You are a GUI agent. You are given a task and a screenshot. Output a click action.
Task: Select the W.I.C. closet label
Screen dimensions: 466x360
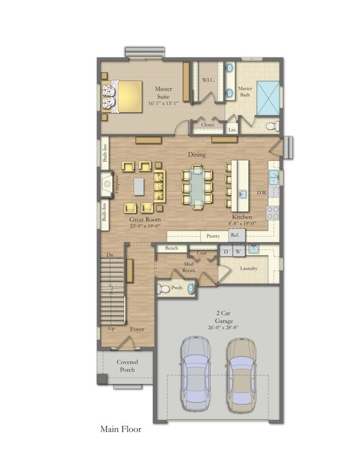point(209,80)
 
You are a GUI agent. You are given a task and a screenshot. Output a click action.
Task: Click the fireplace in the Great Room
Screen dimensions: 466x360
point(107,182)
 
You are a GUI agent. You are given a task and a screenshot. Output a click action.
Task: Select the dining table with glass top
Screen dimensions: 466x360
point(197,187)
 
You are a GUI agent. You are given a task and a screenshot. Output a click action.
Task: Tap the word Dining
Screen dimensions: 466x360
point(197,155)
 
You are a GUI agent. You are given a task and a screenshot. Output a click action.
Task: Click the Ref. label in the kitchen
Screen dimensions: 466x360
point(235,236)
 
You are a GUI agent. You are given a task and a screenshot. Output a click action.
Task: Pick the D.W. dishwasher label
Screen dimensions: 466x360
point(262,193)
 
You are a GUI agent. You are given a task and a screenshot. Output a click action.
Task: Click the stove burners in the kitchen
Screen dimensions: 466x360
point(273,212)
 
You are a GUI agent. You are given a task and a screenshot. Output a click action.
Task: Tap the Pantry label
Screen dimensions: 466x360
point(212,236)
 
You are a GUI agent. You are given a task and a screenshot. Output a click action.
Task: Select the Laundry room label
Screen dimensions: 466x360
point(248,268)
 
